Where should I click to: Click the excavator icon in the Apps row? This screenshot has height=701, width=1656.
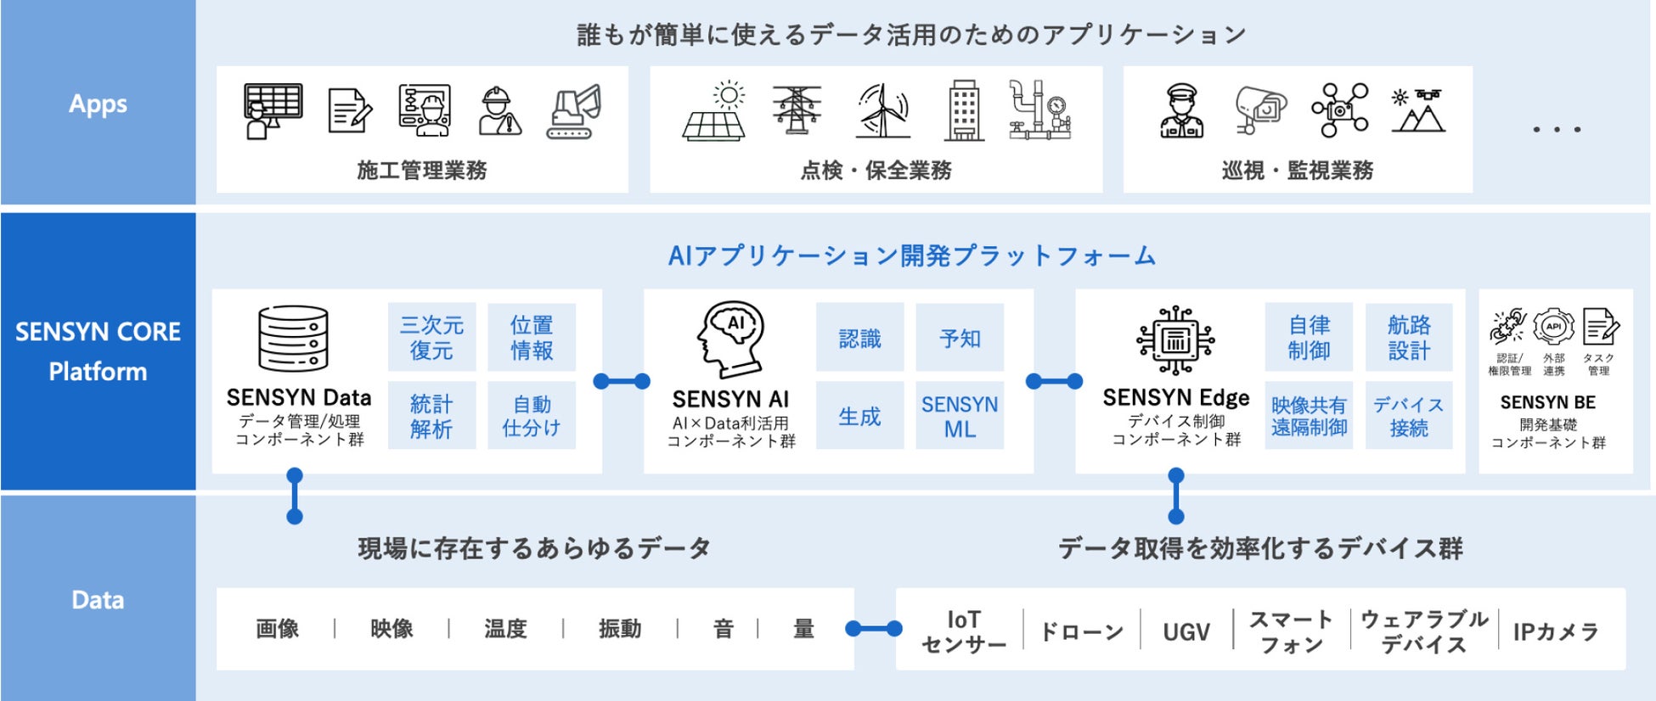click(x=574, y=111)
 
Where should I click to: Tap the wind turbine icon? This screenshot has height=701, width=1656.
click(x=882, y=111)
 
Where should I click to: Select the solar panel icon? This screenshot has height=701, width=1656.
click(x=714, y=111)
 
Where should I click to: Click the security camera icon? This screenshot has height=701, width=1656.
click(x=1259, y=111)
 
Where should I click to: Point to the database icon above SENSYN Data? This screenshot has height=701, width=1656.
click(x=293, y=339)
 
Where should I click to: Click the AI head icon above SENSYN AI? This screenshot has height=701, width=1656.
click(x=730, y=339)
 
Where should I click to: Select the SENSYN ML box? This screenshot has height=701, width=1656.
click(x=960, y=416)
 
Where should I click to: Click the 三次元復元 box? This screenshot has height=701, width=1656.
click(x=431, y=337)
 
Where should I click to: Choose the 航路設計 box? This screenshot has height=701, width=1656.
click(x=1409, y=337)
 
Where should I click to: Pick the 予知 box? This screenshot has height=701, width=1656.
click(x=960, y=338)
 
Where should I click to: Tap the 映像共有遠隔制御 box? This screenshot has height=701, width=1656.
click(x=1309, y=416)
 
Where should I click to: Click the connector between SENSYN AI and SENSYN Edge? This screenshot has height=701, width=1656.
click(x=1054, y=381)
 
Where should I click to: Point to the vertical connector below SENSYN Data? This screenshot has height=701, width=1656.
click(x=295, y=496)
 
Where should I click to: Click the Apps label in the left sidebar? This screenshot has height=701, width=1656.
click(x=98, y=104)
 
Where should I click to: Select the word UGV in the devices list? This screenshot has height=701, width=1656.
click(x=1186, y=631)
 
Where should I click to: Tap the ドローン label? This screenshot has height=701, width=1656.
click(x=1081, y=631)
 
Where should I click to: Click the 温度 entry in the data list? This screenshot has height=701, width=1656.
click(x=505, y=629)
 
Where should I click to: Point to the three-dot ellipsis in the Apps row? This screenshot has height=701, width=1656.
click(x=1557, y=130)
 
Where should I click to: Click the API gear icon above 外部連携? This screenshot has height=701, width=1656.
click(x=1553, y=327)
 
